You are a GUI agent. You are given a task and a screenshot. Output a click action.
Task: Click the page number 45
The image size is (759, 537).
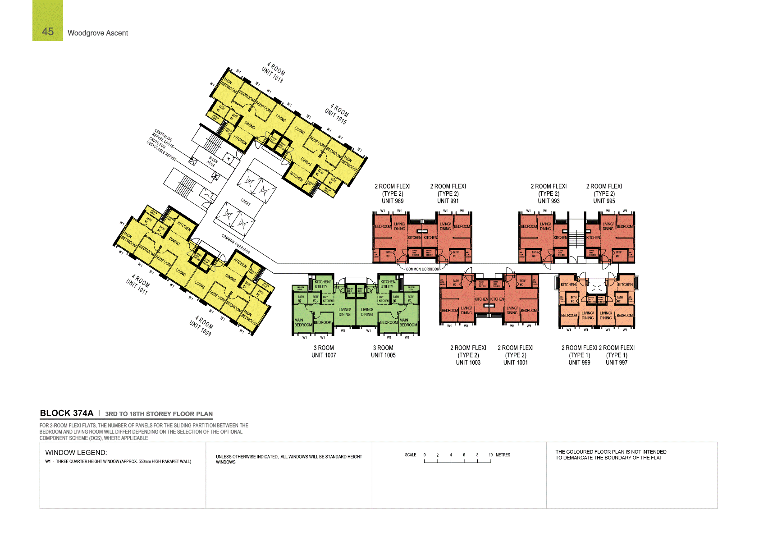pyautogui.click(x=48, y=32)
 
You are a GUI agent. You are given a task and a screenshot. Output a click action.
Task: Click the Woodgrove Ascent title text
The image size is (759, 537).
pyautogui.click(x=98, y=33)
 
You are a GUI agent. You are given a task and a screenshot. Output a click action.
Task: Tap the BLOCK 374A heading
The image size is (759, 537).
pyautogui.click(x=67, y=413)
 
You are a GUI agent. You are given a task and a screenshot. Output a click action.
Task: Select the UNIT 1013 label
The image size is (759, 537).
pyautogui.click(x=272, y=75)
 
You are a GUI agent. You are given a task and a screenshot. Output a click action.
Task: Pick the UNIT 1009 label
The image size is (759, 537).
pyautogui.click(x=200, y=328)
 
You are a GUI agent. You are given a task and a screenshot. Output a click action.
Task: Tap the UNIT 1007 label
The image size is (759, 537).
pyautogui.click(x=324, y=355)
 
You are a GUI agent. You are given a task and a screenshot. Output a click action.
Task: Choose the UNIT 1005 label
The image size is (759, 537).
pyautogui.click(x=383, y=355)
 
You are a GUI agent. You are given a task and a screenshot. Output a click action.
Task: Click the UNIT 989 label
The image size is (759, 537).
pyautogui.click(x=393, y=201)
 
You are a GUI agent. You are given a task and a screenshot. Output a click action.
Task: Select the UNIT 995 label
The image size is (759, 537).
pyautogui.click(x=604, y=201)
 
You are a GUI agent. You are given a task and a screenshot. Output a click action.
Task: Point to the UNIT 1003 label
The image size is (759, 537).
pyautogui.click(x=468, y=363)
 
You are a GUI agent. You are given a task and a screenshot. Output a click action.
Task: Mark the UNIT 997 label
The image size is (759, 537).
pyautogui.click(x=616, y=363)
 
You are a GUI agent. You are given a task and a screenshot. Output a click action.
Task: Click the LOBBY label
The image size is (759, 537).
pyautogui.click(x=245, y=202)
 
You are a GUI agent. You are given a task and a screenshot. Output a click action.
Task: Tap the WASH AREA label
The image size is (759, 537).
pyautogui.click(x=212, y=161)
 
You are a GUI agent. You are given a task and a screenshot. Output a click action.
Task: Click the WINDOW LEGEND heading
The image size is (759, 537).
pyautogui.click(x=76, y=453)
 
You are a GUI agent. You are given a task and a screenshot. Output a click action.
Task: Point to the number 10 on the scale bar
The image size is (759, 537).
pyautogui.click(x=490, y=455)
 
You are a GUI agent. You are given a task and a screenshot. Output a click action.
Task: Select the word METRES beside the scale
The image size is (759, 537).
pyautogui.click(x=503, y=455)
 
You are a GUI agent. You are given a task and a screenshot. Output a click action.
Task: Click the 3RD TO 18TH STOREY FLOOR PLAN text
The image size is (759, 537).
pyautogui.click(x=159, y=414)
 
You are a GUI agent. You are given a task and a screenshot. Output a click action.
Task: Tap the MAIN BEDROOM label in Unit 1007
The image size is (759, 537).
pyautogui.click(x=303, y=322)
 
